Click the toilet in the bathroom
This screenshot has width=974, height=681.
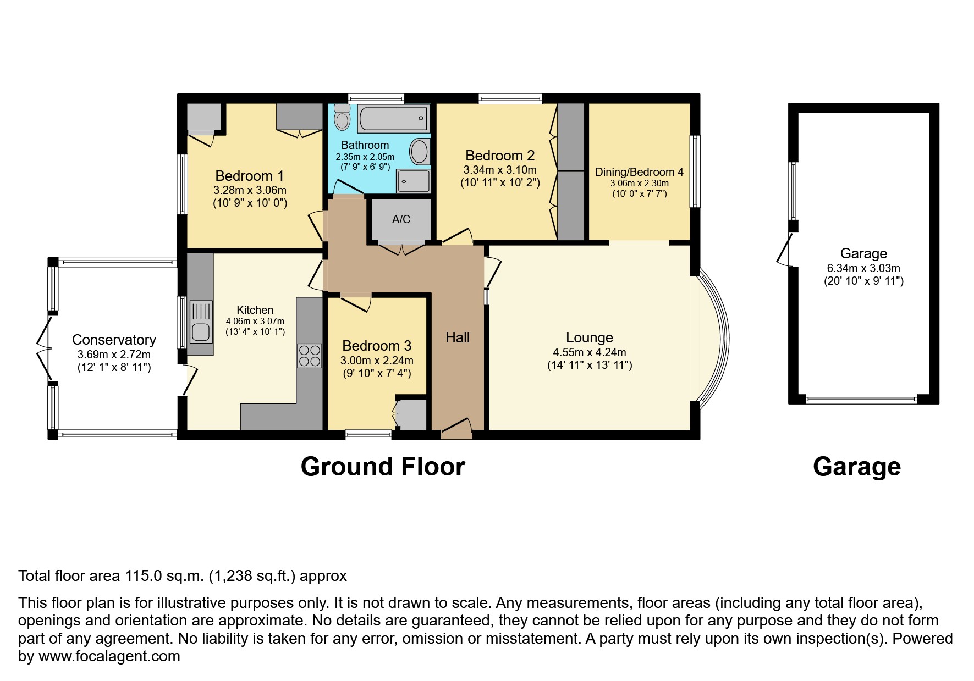[342, 117]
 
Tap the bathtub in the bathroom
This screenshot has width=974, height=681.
[393, 118]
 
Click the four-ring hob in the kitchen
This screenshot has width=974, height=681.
[310, 356]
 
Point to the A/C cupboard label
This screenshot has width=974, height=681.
[401, 219]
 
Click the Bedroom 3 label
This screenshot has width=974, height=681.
[376, 346]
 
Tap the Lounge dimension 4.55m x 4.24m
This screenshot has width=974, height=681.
[589, 352]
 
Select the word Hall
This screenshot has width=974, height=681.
[458, 337]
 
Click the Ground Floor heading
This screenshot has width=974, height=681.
[383, 467]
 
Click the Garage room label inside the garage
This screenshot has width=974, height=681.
[863, 253]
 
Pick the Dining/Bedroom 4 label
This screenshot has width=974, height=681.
[639, 172]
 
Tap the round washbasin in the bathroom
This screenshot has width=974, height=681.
[420, 151]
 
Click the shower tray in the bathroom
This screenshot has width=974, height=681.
[414, 181]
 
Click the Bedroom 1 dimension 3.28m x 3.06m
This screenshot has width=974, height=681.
[250, 190]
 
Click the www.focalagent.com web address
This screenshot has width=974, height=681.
[109, 656]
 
